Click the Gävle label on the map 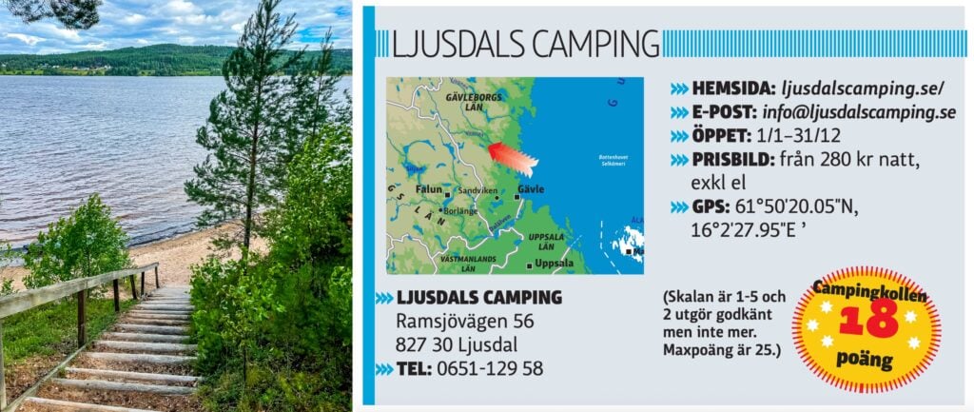pos(531,189)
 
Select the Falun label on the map pos(429,189)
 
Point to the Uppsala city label pos(553,263)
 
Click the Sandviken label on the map pos(477,190)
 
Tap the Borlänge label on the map pos(461,210)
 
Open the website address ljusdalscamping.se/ pos(862,88)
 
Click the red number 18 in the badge pos(867,321)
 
